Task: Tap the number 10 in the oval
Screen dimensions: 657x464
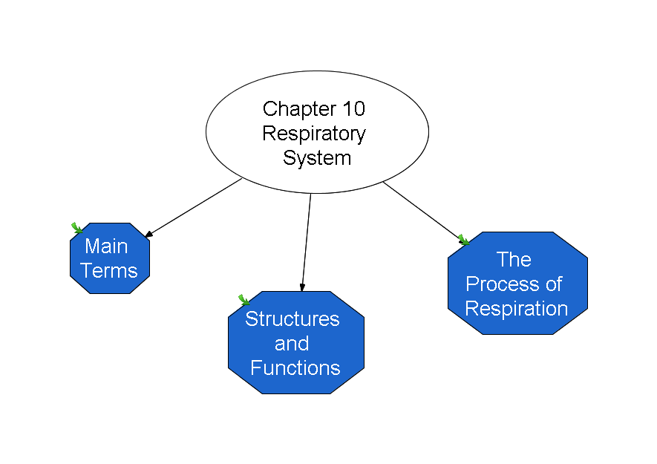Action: (354, 109)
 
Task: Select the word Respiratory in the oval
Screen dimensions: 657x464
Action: (314, 134)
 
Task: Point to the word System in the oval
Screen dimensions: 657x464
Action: (317, 158)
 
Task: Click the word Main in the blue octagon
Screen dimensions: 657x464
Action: (106, 246)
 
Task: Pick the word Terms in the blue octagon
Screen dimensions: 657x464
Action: (109, 270)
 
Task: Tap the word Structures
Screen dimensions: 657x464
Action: (292, 319)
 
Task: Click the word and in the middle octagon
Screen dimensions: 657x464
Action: (292, 343)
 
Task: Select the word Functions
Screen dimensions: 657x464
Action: (295, 368)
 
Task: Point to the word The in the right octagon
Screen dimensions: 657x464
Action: (514, 259)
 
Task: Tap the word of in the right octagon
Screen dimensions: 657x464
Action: (554, 284)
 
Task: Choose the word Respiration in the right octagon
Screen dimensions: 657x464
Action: (517, 309)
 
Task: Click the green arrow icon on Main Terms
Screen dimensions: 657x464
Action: (76, 228)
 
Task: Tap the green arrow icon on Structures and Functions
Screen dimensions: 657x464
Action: (243, 299)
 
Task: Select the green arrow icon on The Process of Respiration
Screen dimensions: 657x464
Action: (463, 240)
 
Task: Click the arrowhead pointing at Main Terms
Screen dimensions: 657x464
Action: (148, 234)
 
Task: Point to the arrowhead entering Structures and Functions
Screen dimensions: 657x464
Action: (302, 287)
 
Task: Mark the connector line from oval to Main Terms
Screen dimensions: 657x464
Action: (193, 208)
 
